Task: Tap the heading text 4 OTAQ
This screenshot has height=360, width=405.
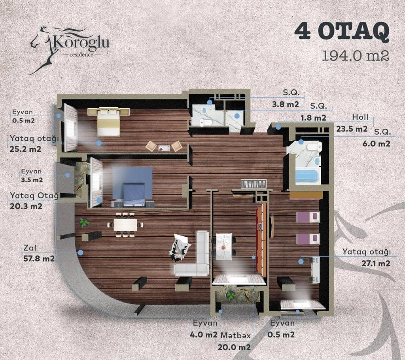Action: [342, 33]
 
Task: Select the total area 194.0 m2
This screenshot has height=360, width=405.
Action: [355, 55]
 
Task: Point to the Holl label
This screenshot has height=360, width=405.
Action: [360, 117]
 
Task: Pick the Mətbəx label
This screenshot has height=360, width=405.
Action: [235, 335]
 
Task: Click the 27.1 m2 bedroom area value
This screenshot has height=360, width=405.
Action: [367, 263]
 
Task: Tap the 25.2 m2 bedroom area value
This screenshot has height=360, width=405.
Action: [25, 149]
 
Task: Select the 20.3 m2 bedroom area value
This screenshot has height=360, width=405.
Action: [25, 205]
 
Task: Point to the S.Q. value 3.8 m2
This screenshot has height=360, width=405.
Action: [285, 105]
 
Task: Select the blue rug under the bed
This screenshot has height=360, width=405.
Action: [132, 182]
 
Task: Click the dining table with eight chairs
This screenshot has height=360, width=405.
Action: [125, 224]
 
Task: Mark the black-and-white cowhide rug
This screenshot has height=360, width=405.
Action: [180, 247]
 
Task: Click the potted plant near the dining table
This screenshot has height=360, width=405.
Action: [84, 222]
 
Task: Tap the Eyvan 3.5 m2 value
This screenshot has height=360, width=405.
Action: [32, 180]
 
